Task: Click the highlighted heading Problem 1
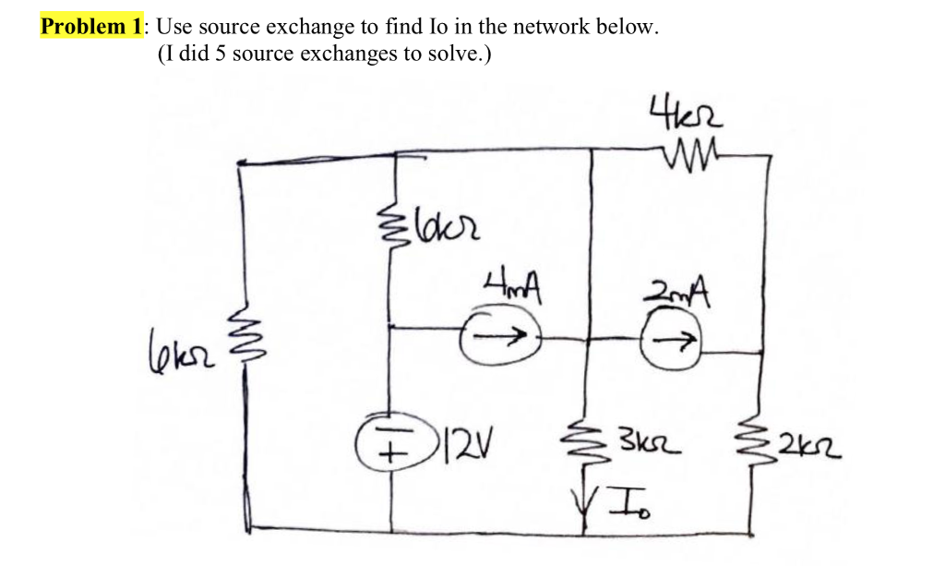point(90,26)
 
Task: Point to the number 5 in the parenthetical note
point(222,54)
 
